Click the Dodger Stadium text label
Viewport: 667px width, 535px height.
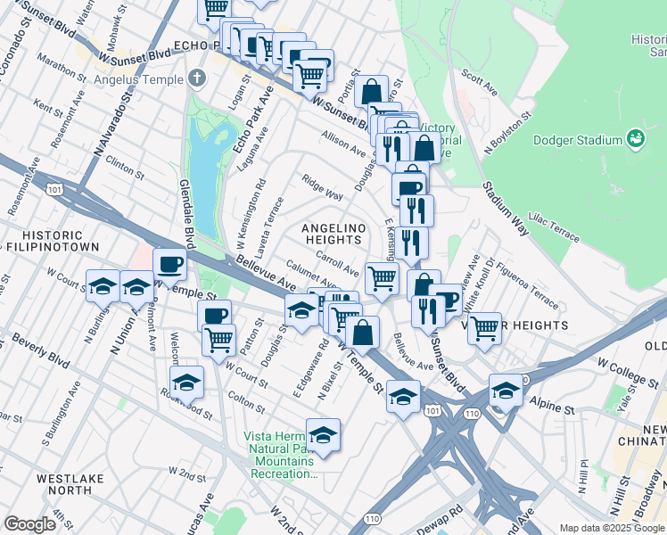tap(577, 140)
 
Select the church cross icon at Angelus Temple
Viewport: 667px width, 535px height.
tap(197, 78)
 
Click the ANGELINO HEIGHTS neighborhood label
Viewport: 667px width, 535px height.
tap(335, 234)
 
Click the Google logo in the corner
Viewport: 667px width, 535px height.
tap(30, 524)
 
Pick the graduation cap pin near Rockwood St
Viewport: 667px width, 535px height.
tap(187, 382)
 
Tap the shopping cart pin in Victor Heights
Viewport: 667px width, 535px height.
tap(484, 327)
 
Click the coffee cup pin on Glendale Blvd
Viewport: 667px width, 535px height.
tap(169, 263)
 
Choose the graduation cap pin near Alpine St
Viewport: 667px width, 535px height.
tap(506, 390)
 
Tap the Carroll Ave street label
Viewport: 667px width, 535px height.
tap(337, 266)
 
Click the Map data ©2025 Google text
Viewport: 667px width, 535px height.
tap(611, 528)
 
